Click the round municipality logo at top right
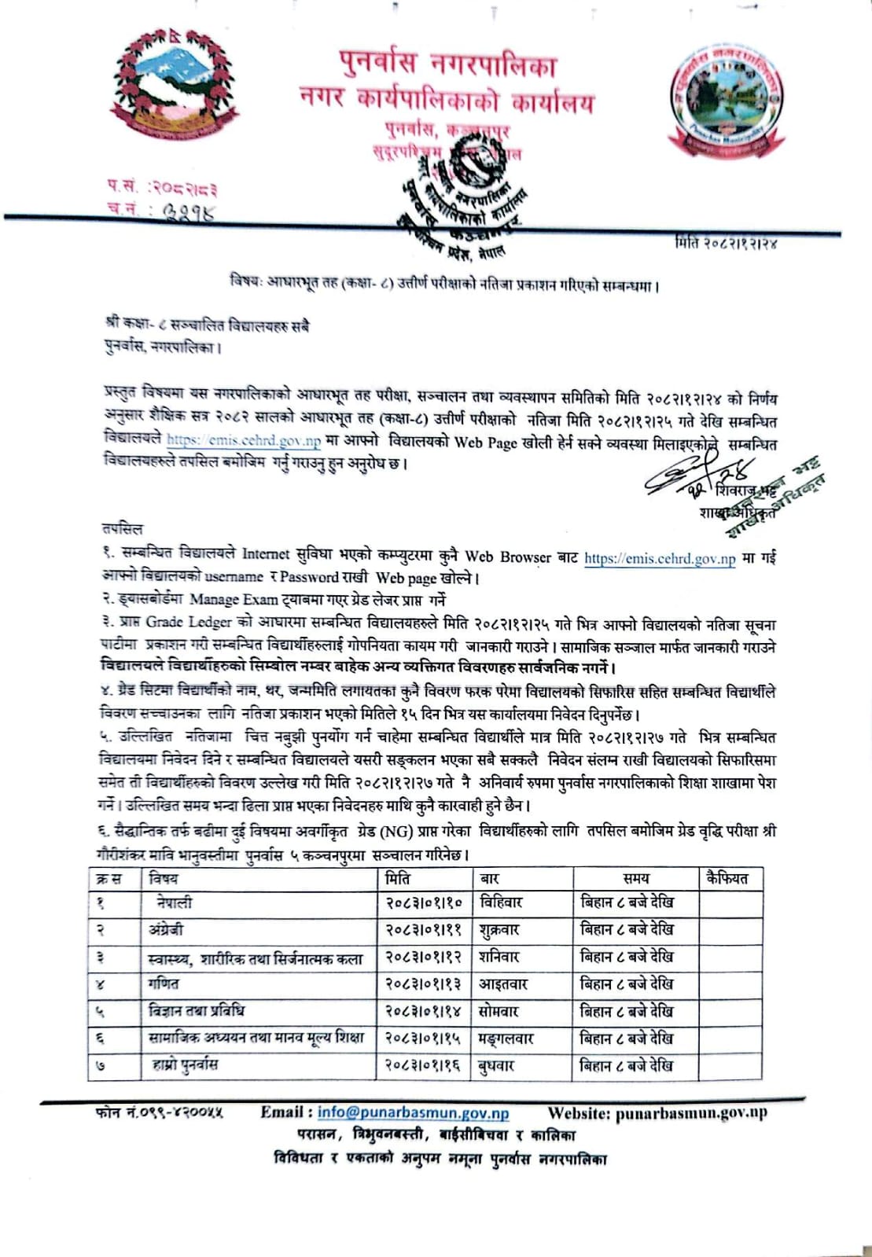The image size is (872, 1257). (727, 97)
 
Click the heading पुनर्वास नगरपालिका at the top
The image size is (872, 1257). (447, 64)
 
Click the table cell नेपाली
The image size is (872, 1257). (174, 902)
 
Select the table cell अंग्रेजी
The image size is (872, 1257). (166, 930)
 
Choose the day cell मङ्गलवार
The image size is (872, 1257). (506, 1038)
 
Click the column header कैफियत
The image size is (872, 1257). (727, 877)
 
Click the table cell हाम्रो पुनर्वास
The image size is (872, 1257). (185, 1065)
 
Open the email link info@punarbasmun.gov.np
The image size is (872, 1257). (413, 1113)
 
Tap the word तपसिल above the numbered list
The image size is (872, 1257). (122, 528)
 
